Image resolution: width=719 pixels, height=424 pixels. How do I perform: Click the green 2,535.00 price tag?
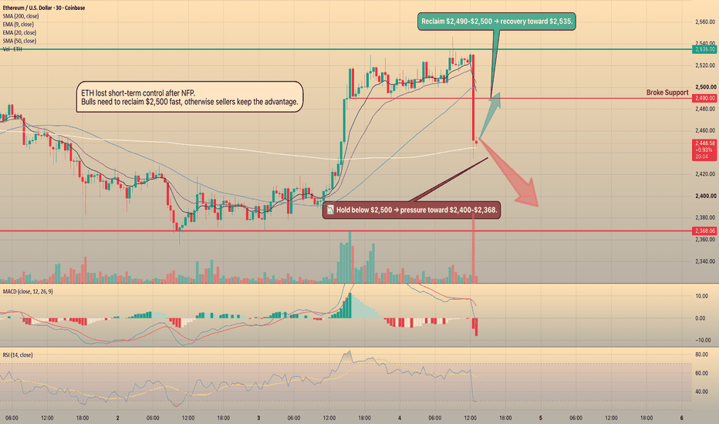point(705,49)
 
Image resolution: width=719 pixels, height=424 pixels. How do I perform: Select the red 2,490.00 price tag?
point(705,98)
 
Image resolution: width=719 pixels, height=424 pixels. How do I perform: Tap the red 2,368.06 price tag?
point(705,231)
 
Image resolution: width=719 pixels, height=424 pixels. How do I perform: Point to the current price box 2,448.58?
point(705,150)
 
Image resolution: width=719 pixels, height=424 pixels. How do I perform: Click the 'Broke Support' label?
point(667,93)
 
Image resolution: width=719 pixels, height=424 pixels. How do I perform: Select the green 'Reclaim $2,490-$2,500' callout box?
point(497,22)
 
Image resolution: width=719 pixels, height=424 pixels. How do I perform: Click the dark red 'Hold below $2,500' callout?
point(411,210)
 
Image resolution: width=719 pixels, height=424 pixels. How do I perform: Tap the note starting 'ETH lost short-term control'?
point(189,97)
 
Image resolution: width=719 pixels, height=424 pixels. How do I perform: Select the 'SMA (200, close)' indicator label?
point(21,16)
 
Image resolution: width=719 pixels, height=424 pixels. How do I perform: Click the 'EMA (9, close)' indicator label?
point(19,25)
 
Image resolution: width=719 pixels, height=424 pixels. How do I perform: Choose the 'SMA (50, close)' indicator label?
point(19,41)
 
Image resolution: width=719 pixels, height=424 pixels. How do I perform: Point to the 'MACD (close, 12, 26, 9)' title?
point(28,291)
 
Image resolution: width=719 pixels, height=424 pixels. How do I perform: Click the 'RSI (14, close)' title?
point(18,355)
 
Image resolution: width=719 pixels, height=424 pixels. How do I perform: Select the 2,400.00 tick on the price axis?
point(705,196)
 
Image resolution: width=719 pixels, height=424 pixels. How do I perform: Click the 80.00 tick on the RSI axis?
point(701,355)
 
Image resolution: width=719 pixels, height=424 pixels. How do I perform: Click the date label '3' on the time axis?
point(258,418)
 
